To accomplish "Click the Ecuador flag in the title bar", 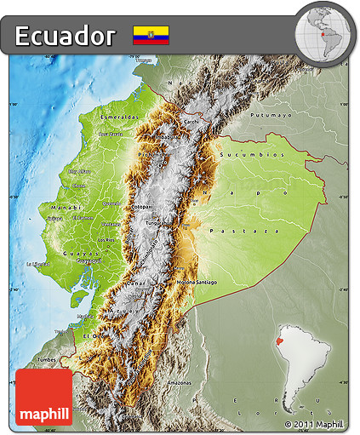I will (151, 35).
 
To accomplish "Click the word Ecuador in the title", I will (66, 36).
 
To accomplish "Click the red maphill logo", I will (43, 398).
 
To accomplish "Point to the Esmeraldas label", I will (119, 116).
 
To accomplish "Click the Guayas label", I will (86, 252).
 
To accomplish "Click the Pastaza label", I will (255, 231).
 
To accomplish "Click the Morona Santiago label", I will (196, 282).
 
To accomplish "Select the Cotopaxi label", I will (142, 205).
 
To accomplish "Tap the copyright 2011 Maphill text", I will (314, 423).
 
